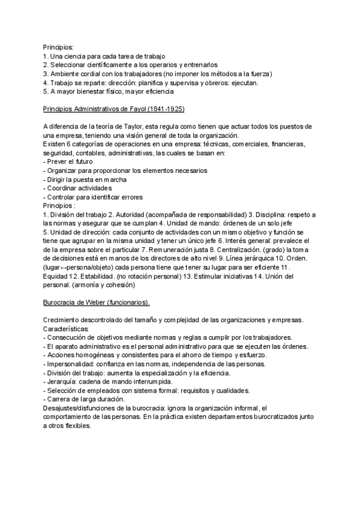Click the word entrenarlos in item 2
pos(200,65)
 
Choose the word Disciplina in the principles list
pos(269,215)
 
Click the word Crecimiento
pos(64,320)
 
